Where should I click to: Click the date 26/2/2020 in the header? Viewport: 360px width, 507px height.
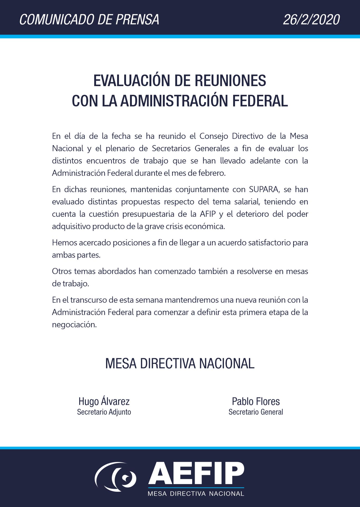pyautogui.click(x=311, y=20)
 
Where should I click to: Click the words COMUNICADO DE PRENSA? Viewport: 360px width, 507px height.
pyautogui.click(x=89, y=20)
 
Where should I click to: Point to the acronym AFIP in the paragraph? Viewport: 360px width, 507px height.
pyautogui.click(x=208, y=214)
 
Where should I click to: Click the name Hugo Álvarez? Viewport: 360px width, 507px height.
pyautogui.click(x=104, y=401)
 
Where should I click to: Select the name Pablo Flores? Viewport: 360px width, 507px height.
pyautogui.click(x=256, y=401)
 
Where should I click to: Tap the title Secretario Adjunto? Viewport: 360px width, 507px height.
pyautogui.click(x=104, y=412)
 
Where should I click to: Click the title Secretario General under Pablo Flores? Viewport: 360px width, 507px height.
pyautogui.click(x=256, y=412)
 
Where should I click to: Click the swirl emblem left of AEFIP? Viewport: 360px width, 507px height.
pyautogui.click(x=116, y=477)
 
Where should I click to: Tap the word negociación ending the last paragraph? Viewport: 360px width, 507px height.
pyautogui.click(x=74, y=324)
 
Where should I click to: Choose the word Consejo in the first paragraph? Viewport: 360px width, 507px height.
pyautogui.click(x=213, y=136)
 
